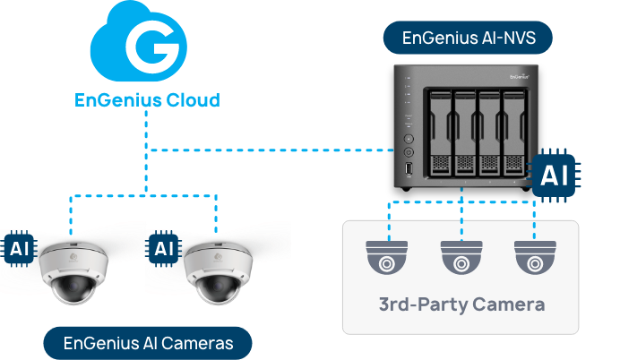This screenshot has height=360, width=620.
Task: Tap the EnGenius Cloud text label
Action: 146,99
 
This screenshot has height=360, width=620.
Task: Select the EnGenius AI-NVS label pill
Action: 466,39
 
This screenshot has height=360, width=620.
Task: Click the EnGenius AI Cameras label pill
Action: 148,343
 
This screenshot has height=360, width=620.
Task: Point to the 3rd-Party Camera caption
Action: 461,304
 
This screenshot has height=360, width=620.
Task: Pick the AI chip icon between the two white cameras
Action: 162,247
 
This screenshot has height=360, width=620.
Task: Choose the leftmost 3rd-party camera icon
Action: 388,257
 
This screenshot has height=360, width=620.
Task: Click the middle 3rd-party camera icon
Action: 461,257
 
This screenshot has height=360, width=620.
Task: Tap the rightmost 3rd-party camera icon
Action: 535,257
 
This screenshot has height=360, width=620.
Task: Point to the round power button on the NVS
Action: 409,140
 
